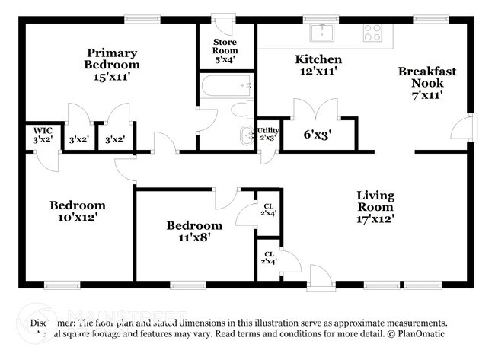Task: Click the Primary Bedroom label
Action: [112, 65]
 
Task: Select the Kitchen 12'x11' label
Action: [318, 65]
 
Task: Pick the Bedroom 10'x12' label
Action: [77, 211]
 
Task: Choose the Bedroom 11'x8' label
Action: [195, 231]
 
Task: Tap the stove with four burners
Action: [372, 32]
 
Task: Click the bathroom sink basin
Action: [245, 135]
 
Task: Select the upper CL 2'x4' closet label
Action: [268, 209]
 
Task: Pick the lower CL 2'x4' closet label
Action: [269, 258]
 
